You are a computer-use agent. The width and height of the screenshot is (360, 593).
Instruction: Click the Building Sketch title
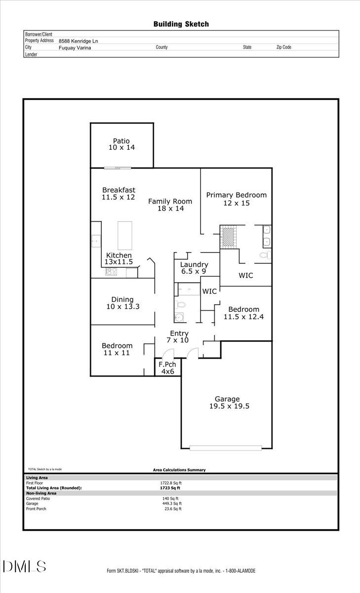[181, 24]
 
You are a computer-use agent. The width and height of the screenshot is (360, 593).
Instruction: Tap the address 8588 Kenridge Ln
[78, 41]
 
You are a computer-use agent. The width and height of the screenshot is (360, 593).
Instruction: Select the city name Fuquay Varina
[75, 48]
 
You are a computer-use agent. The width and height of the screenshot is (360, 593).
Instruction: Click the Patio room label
[121, 141]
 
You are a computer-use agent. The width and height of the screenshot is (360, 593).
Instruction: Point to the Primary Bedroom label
[236, 195]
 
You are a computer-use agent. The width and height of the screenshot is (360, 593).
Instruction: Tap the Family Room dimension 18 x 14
[170, 209]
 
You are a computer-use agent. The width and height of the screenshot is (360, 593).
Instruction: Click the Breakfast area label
[119, 190]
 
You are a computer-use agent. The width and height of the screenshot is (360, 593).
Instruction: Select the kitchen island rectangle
[125, 236]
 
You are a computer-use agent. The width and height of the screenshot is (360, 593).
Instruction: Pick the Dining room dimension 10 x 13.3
[122, 306]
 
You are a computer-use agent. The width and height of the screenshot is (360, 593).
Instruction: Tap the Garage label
[227, 399]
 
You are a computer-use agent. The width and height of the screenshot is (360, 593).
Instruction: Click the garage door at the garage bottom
[226, 448]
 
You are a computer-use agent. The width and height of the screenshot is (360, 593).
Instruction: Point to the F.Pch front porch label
[168, 364]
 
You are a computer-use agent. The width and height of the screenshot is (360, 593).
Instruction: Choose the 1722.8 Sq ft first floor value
[171, 483]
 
